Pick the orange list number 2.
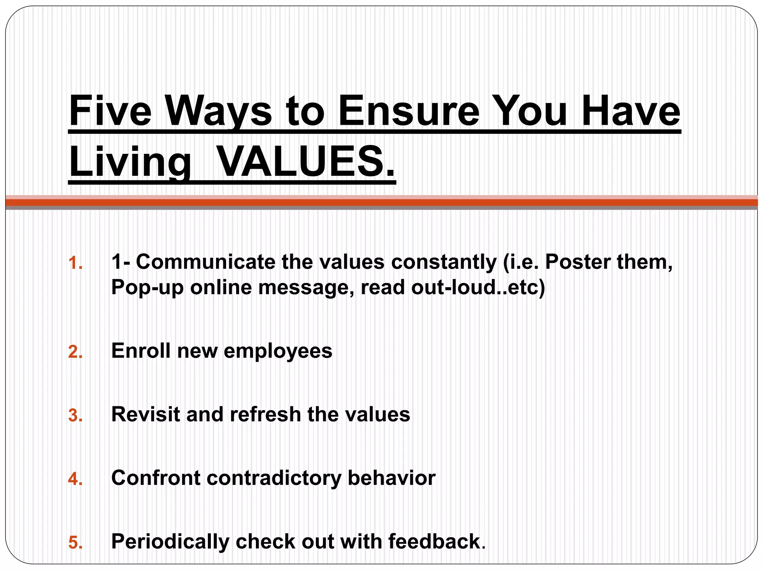coord(75,352)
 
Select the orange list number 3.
coord(75,415)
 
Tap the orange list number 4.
coord(75,479)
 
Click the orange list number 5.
coord(75,542)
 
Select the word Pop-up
coord(148,287)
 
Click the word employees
coord(278,351)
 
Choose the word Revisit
coord(146,414)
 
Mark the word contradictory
coord(274,477)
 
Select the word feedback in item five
coord(434,541)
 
